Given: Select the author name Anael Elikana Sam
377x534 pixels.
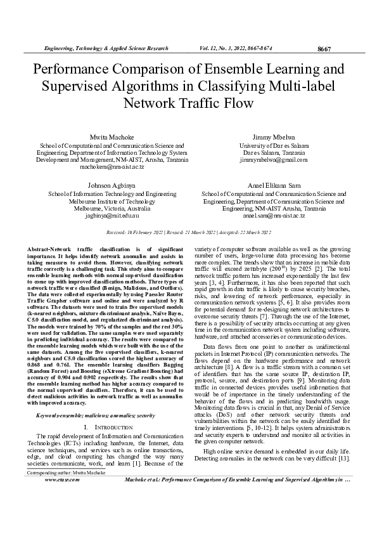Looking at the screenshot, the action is tap(274, 185).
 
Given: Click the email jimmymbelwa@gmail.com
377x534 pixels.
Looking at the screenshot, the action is tap(274, 160).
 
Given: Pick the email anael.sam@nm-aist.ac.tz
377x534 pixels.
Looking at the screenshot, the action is tap(274, 216).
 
